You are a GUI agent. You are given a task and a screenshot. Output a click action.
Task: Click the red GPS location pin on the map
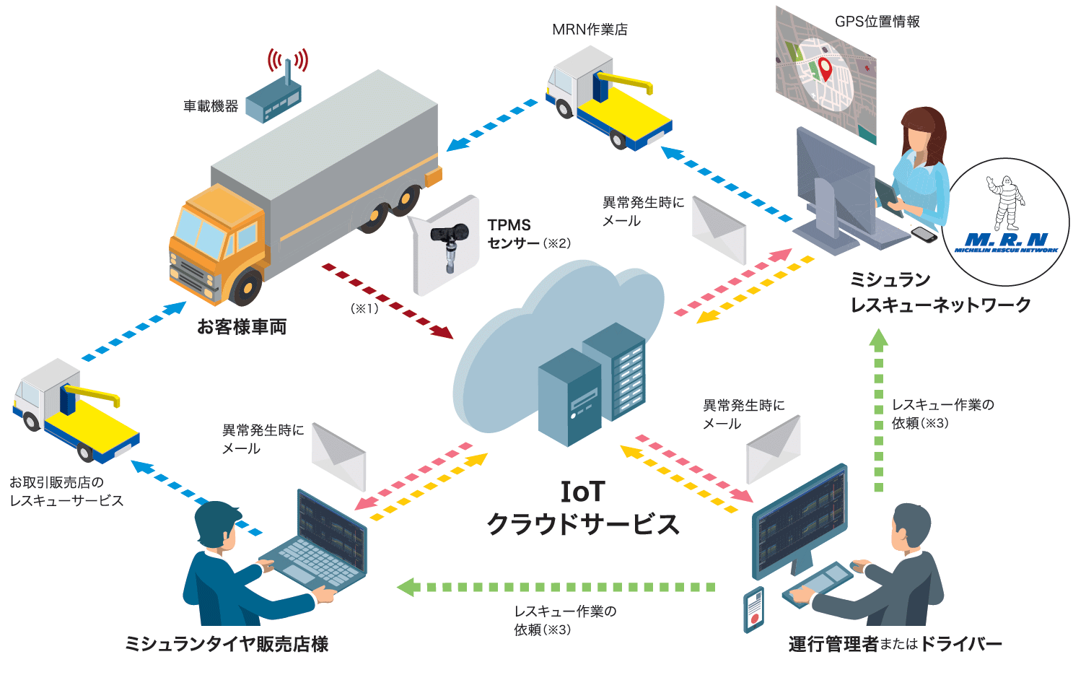tap(825, 69)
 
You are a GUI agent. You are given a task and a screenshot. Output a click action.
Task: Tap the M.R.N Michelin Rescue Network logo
tap(1007, 222)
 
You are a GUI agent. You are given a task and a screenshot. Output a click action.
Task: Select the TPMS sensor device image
tap(447, 246)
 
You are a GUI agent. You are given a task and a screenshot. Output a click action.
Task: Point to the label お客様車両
tap(242, 327)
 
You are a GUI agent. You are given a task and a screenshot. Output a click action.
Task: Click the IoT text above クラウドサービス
tap(582, 492)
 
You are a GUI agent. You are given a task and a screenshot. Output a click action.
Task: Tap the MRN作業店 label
tap(590, 30)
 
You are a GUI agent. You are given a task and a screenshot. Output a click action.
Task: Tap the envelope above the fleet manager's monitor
tap(773, 448)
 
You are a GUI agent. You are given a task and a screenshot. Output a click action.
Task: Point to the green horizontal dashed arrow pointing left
tap(556, 587)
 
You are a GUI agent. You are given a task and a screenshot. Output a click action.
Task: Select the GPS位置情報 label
tap(877, 22)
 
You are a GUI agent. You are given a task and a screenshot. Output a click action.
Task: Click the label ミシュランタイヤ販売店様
tap(227, 643)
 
